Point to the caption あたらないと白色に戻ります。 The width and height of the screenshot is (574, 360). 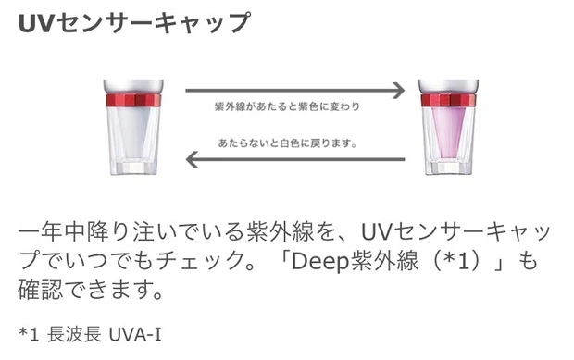click(288, 143)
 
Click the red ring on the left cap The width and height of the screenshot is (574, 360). click(131, 100)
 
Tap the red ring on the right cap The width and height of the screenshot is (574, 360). click(448, 100)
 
